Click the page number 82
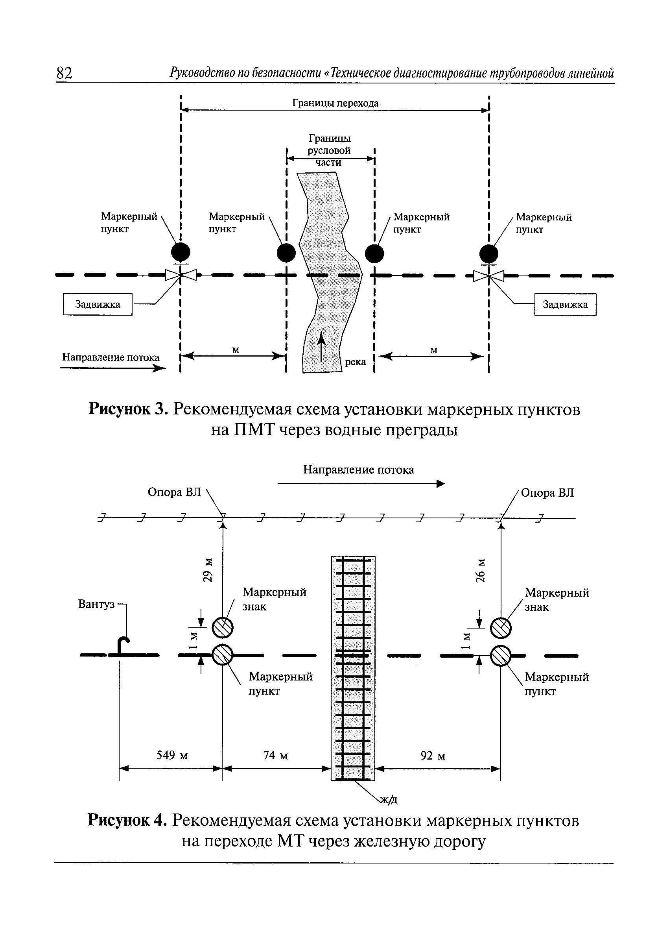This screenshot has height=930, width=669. pos(65,73)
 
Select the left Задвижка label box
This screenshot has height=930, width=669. pos(98,304)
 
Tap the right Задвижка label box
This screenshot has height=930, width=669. pos(565,305)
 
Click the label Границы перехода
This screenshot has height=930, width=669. pos(335,103)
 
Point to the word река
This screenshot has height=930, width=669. pos(355,362)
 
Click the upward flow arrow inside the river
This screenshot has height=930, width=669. pos(321,346)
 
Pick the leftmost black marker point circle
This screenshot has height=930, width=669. pos(180,252)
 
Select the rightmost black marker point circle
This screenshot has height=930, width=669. pos(489,254)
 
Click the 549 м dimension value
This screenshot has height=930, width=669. pos(172,755)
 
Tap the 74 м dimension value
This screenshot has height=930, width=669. pos(275,755)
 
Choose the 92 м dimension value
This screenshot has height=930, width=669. pos(433,755)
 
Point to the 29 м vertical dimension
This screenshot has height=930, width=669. pos(208,570)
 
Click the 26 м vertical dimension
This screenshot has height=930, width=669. pos(481,570)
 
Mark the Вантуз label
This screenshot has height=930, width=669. pos(96,604)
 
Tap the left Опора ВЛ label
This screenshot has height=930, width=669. pos(175,492)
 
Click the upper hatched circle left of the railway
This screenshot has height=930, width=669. pos(223,628)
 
